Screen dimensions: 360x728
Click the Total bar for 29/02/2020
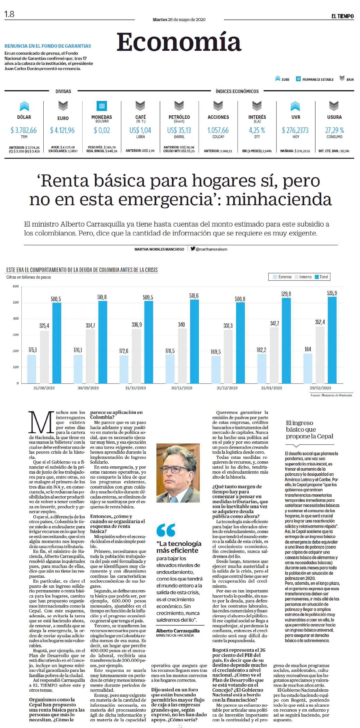pyautogui.click(x=332, y=340)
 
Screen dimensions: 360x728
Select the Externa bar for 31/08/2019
pyautogui.click(x=32, y=369)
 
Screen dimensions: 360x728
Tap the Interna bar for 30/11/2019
pyautogui.click(x=182, y=356)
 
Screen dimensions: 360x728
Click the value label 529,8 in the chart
pyautogui.click(x=286, y=294)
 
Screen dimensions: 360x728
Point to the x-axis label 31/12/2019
pyautogui.click(x=227, y=388)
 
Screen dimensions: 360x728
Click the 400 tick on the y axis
pyautogui.click(x=16, y=318)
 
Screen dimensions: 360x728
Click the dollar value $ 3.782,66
pyautogui.click(x=24, y=130)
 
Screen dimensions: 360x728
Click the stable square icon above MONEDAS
pyautogui.click(x=102, y=106)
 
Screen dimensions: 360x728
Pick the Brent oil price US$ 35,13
pyautogui.click(x=179, y=130)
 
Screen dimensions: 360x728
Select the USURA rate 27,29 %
pyautogui.click(x=334, y=130)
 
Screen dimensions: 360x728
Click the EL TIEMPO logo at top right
pyautogui.click(x=342, y=16)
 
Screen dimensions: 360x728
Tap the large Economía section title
pyautogui.click(x=179, y=42)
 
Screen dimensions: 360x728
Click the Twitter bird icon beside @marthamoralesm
pyautogui.click(x=192, y=249)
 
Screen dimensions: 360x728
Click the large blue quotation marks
pyautogui.click(x=166, y=530)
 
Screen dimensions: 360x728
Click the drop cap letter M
pyautogui.click(x=40, y=422)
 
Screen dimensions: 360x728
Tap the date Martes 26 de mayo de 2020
pyautogui.click(x=179, y=20)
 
